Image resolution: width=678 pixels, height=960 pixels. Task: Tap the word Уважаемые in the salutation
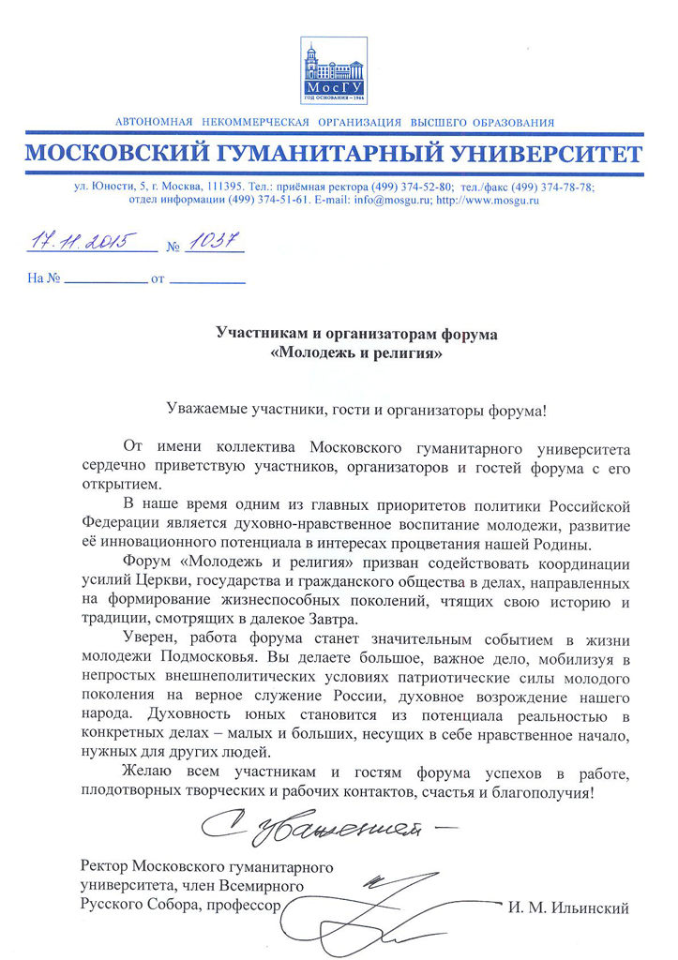209,411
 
